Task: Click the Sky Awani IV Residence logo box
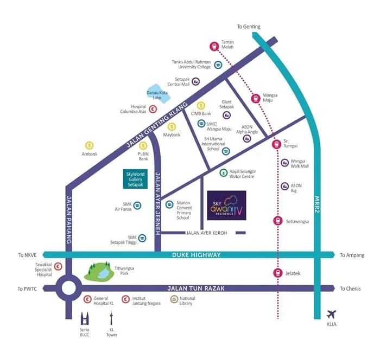click(226, 205)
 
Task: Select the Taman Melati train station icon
click(214, 47)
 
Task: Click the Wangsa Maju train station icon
click(255, 99)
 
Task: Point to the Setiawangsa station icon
click(277, 221)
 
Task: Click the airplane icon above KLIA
click(332, 314)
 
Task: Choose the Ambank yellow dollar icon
click(89, 145)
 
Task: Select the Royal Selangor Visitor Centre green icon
click(223, 173)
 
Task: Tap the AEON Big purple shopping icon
click(285, 186)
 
